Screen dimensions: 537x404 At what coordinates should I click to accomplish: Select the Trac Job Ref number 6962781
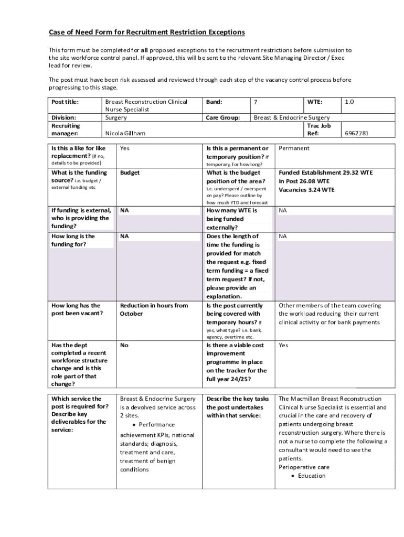(x=356, y=133)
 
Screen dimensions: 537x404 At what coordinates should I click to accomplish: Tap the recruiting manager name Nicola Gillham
(x=125, y=133)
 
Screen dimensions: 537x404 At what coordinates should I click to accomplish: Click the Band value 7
(x=256, y=102)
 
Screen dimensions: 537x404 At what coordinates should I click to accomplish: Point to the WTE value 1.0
(x=349, y=102)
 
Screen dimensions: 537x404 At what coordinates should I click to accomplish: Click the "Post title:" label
(x=65, y=102)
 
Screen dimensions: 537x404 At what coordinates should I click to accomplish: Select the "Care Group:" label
(x=223, y=117)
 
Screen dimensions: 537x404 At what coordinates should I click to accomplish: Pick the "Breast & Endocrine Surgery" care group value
(x=292, y=117)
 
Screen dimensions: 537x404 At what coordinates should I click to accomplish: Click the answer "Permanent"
(x=294, y=148)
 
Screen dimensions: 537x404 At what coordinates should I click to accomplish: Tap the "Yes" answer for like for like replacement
(x=124, y=148)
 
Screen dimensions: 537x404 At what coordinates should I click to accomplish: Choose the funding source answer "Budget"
(x=130, y=173)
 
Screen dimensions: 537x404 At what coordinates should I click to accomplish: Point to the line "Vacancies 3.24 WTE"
(x=306, y=190)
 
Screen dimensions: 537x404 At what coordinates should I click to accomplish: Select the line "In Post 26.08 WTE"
(x=304, y=181)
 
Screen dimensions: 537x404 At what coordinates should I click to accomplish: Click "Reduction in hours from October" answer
(x=153, y=309)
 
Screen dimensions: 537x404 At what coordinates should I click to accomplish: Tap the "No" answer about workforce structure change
(x=124, y=345)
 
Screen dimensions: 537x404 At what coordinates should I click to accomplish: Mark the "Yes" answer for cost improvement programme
(x=283, y=345)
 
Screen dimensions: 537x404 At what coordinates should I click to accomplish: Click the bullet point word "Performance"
(x=157, y=424)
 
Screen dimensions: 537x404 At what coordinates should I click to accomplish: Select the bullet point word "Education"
(x=312, y=476)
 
